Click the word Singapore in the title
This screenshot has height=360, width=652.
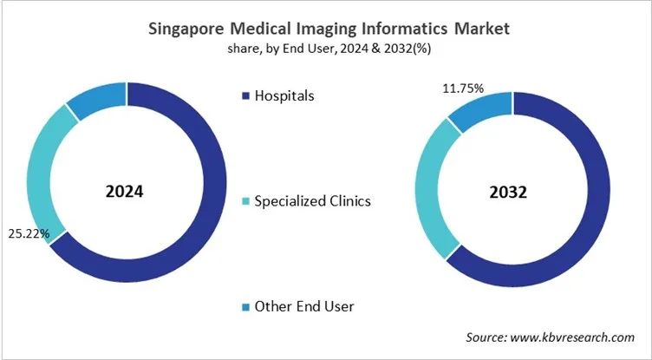click(185, 29)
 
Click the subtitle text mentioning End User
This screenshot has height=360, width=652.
click(326, 49)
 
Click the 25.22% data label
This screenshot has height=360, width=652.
click(29, 234)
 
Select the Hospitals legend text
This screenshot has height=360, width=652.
click(284, 95)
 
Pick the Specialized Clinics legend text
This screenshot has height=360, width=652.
click(312, 201)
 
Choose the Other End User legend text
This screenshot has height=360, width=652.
click(304, 306)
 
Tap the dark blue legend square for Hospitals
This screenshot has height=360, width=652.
click(245, 95)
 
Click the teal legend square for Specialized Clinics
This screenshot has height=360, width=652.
click(245, 201)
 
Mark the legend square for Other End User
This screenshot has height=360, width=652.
click(245, 306)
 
